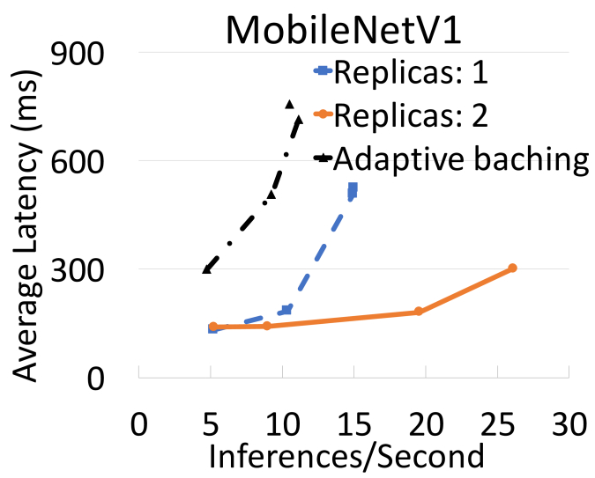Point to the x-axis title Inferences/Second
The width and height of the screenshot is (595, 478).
(346, 455)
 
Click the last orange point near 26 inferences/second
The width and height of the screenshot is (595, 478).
(512, 268)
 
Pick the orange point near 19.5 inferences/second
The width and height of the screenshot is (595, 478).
(419, 312)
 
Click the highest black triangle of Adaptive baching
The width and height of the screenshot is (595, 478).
(290, 105)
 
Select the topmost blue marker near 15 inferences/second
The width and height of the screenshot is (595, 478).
(353, 188)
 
